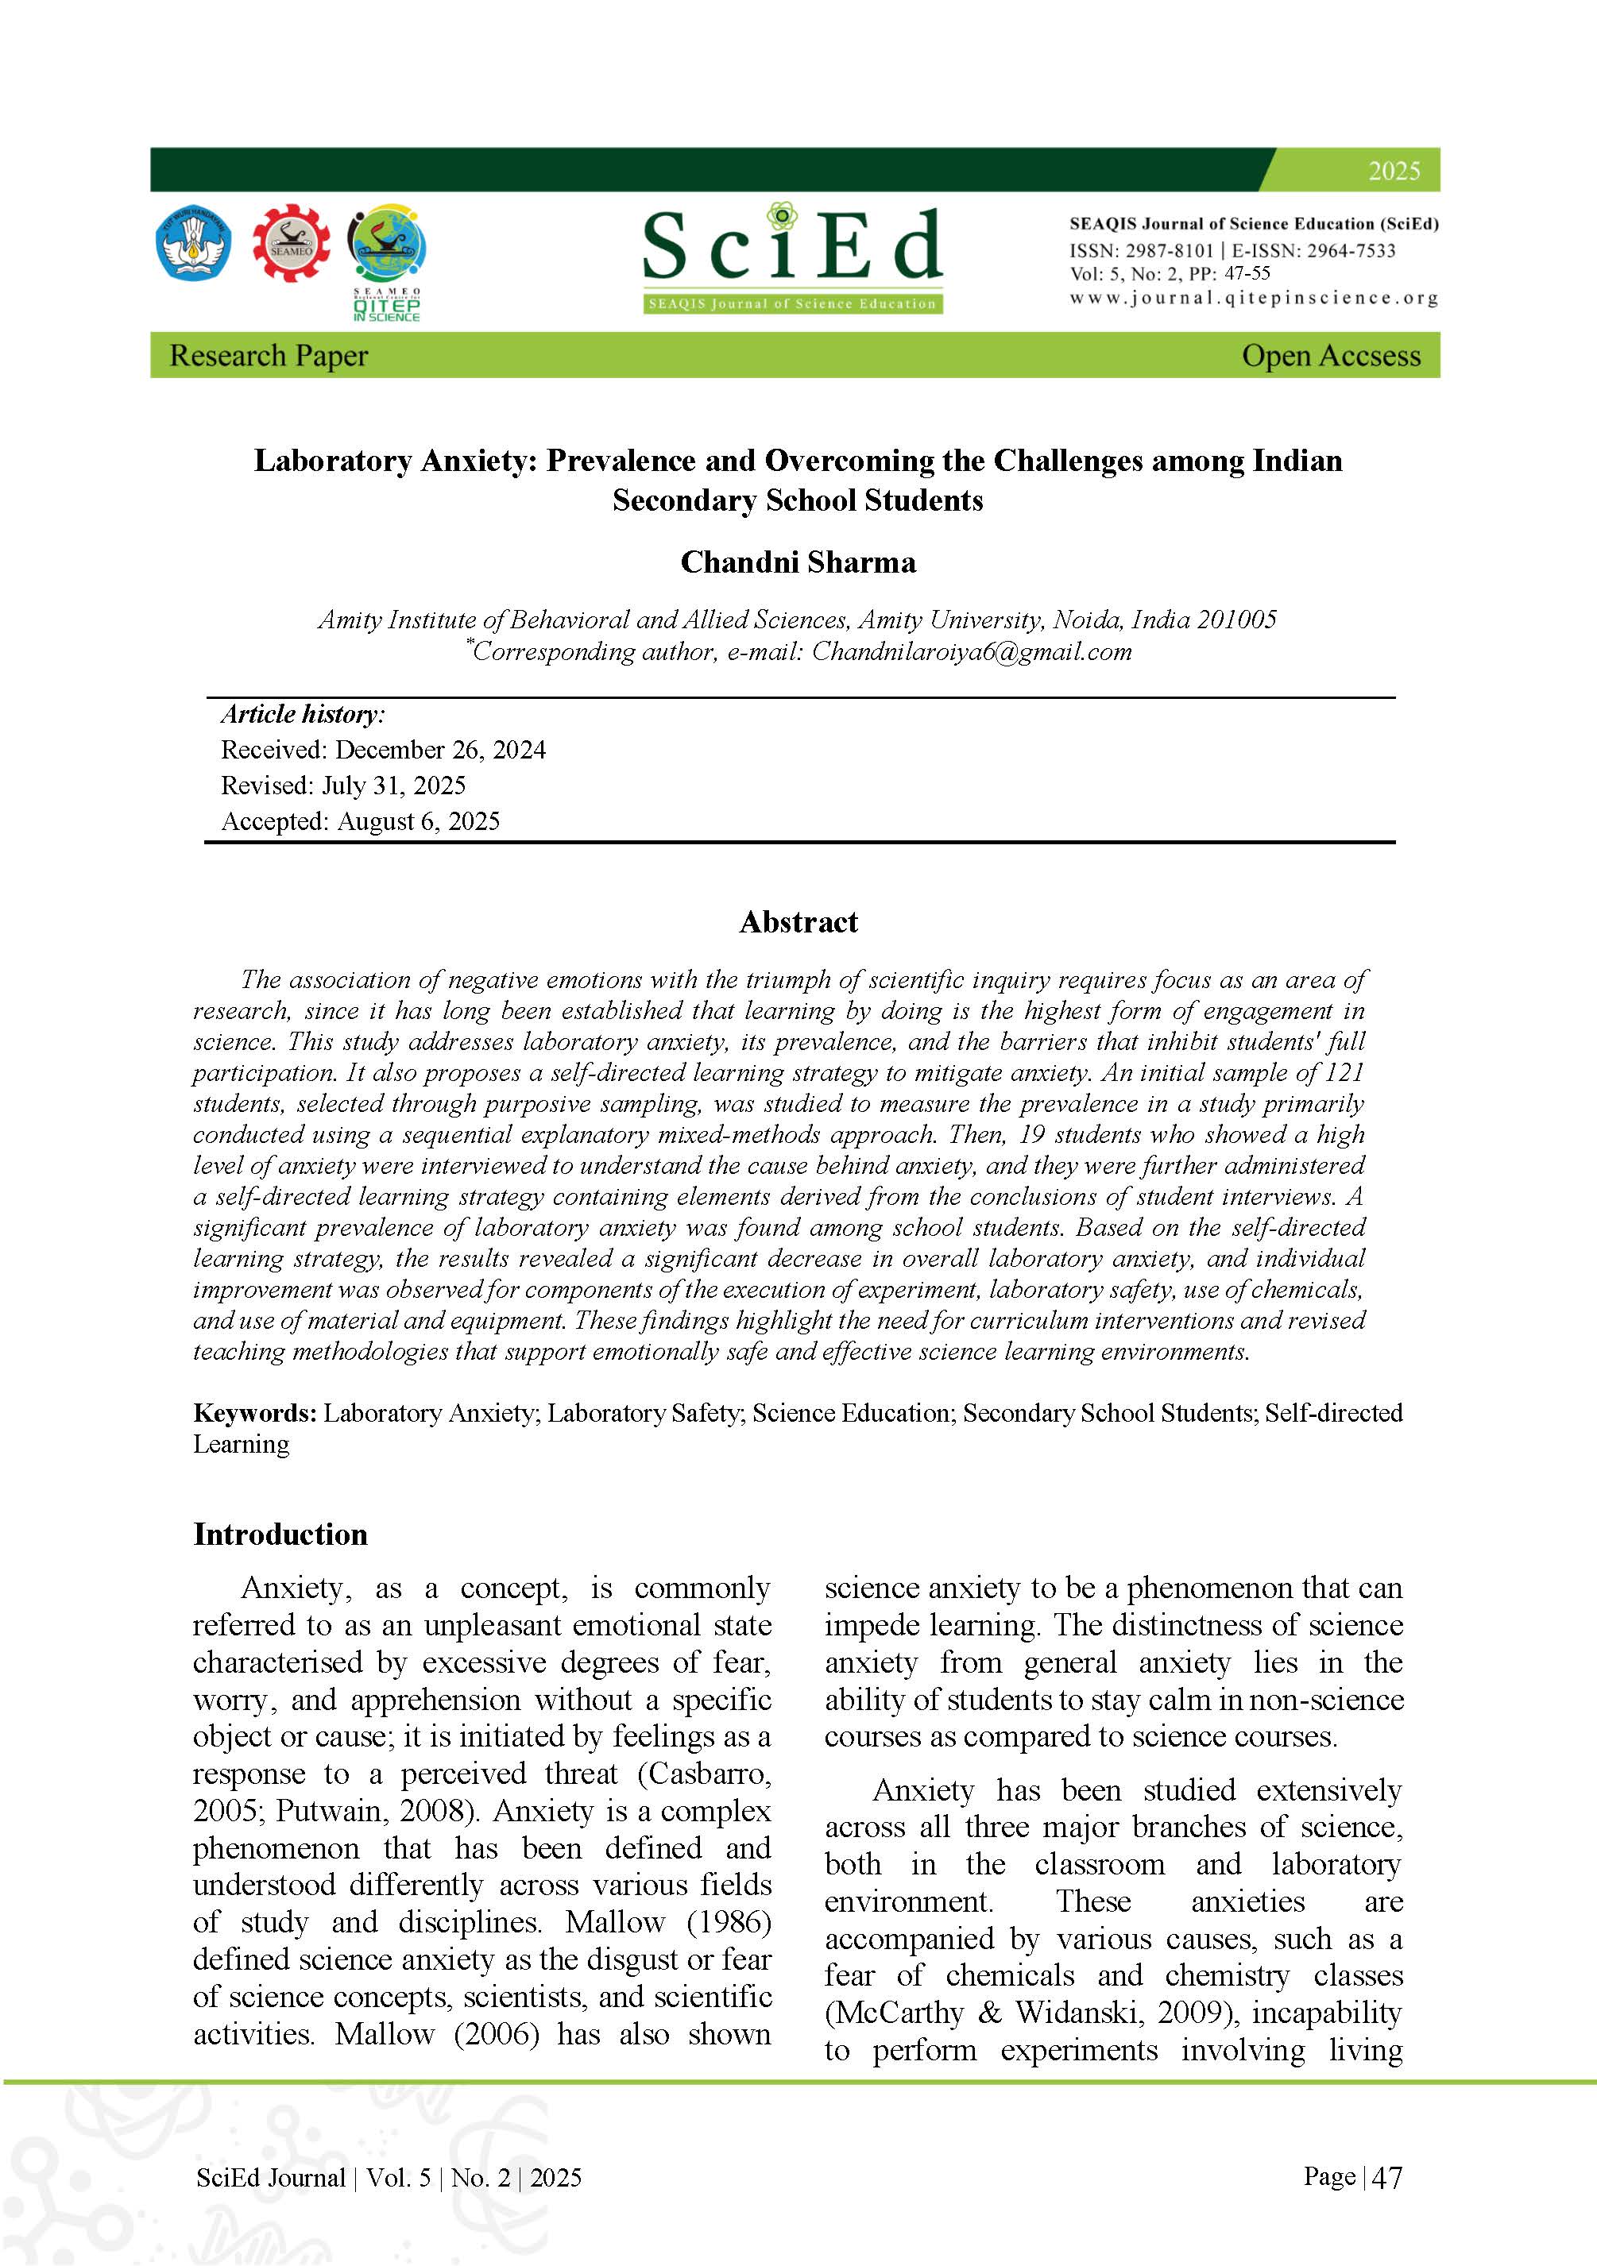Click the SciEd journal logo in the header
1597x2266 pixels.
tap(793, 259)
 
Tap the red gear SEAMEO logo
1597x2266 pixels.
tap(291, 244)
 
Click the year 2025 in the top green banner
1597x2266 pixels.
tap(1394, 171)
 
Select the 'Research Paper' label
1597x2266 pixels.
tap(269, 355)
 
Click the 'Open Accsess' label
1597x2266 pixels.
tap(1331, 355)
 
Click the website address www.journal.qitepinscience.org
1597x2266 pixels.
tap(1254, 297)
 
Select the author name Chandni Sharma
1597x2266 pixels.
tap(798, 562)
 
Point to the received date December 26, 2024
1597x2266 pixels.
tap(440, 750)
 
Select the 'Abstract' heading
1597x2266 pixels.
tap(798, 922)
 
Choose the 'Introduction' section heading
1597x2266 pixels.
tap(280, 1534)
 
